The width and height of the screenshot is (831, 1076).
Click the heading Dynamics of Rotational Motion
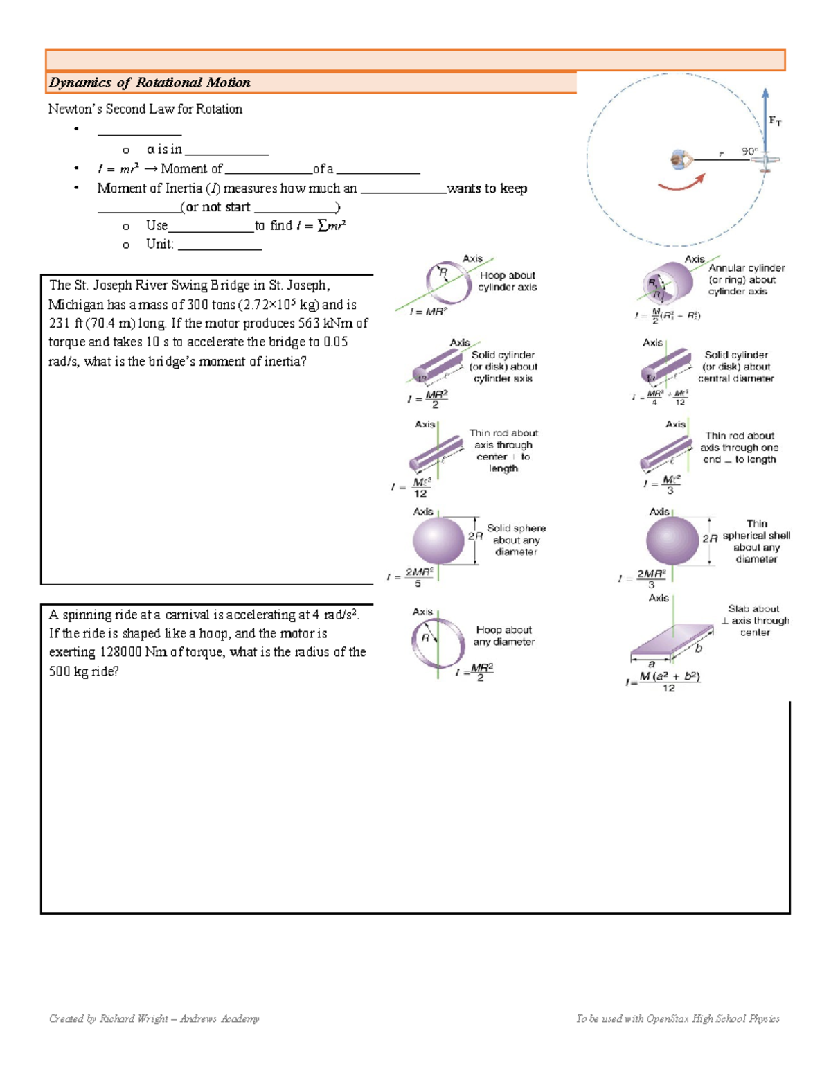(x=150, y=82)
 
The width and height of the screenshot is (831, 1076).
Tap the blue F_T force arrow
(x=765, y=118)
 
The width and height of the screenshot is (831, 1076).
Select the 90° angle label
(x=749, y=150)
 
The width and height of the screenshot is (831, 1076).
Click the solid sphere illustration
(x=438, y=540)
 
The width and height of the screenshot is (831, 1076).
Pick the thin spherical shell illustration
(x=672, y=540)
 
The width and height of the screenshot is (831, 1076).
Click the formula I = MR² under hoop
(x=428, y=312)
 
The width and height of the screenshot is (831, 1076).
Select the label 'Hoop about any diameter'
(x=503, y=635)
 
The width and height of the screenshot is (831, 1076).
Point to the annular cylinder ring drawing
(x=666, y=282)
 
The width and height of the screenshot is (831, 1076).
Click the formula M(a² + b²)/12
(x=668, y=681)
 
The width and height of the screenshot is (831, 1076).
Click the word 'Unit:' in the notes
(x=159, y=244)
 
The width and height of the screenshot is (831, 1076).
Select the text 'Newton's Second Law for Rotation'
(x=145, y=109)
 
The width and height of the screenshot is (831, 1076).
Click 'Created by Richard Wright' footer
(x=154, y=1018)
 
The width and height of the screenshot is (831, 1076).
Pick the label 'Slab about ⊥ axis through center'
(x=755, y=620)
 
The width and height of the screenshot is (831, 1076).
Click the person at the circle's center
(x=679, y=160)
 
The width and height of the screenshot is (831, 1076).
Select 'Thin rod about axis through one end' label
(x=740, y=448)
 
